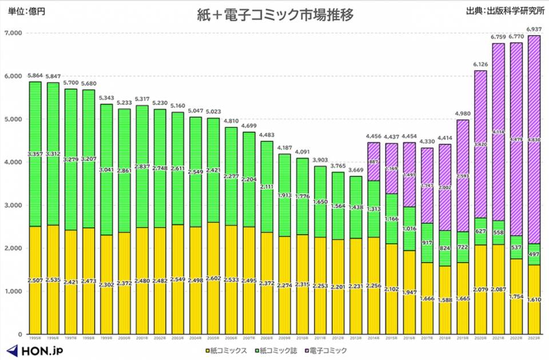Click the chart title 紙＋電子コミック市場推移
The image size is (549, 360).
tap(274, 15)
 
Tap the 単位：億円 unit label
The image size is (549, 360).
tap(26, 10)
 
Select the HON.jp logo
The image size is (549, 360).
tap(35, 349)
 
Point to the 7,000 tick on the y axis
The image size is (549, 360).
tap(13, 33)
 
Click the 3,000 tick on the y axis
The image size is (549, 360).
tap(13, 205)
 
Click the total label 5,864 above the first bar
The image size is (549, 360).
tap(35, 76)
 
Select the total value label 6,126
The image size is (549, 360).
tap(480, 64)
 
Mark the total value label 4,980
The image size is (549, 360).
tap(463, 113)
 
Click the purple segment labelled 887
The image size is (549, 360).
tap(373, 162)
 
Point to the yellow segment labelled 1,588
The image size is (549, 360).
tap(445, 300)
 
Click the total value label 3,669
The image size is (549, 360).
tap(356, 170)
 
